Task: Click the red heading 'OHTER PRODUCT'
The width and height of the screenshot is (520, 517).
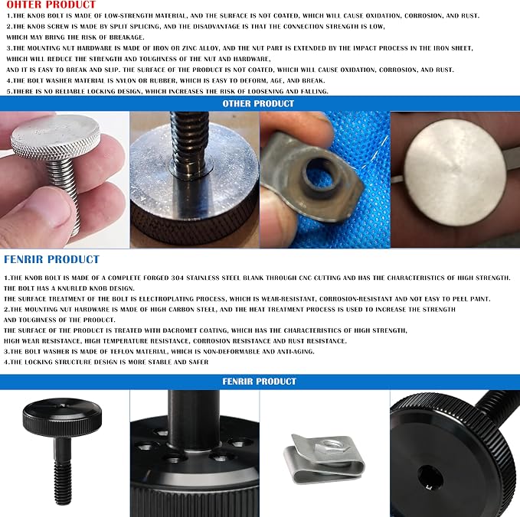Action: [x=51, y=5]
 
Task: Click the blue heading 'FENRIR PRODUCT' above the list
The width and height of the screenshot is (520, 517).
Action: [x=51, y=259]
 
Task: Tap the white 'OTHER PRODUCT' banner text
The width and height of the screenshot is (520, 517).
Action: [x=258, y=104]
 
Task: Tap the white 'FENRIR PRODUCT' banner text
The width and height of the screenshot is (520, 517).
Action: [x=259, y=382]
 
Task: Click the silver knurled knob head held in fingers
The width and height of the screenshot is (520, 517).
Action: [x=55, y=136]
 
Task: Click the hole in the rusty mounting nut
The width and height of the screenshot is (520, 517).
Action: [x=321, y=174]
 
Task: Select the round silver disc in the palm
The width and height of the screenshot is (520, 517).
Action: [x=456, y=173]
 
